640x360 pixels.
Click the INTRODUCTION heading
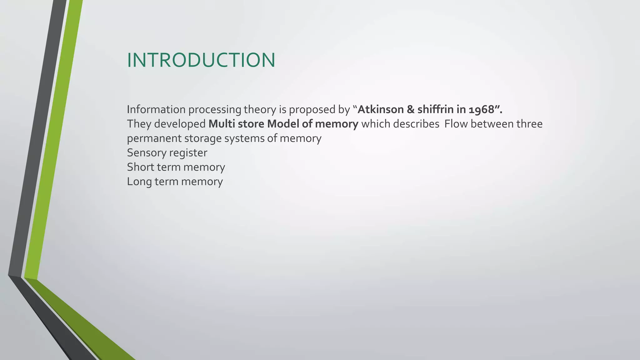[x=201, y=60]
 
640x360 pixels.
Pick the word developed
[x=180, y=124]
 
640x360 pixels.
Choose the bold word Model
[x=283, y=124]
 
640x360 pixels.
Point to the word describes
[x=416, y=124]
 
